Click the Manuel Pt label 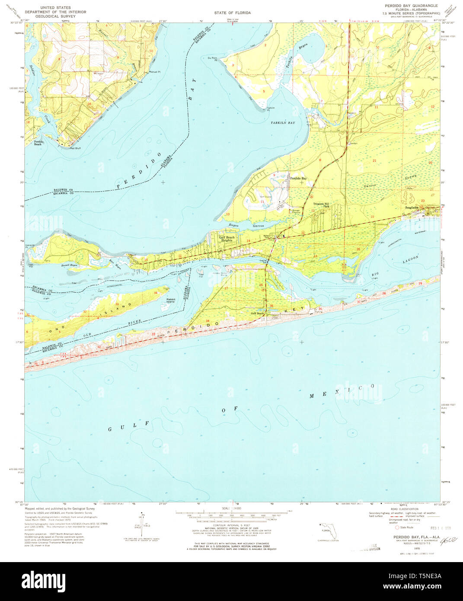154,72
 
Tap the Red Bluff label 75,148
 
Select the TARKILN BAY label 283,123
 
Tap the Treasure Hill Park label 321,205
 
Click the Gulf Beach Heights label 227,238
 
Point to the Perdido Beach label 38,143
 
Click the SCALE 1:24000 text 232,508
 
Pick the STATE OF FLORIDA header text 232,13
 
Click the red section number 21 374,160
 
